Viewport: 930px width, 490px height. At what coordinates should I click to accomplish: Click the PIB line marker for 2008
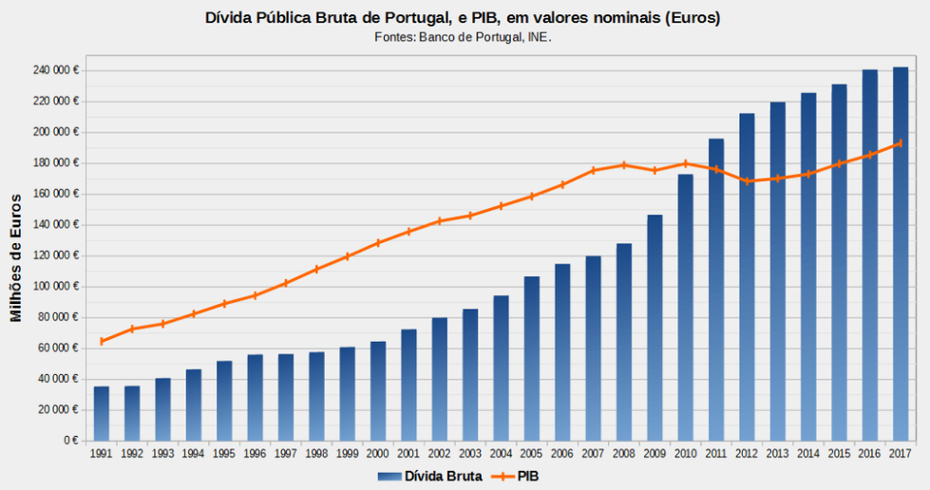pos(624,164)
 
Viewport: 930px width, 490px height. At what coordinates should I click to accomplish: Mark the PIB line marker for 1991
pos(102,341)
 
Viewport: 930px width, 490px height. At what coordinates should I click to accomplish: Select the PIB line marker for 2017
pos(900,143)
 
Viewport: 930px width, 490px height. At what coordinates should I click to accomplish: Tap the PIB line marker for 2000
pos(378,242)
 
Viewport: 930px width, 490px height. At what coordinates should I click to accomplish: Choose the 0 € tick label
pos(70,441)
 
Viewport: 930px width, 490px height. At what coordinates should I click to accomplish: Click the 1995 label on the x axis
pos(224,454)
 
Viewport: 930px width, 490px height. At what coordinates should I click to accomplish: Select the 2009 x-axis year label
pos(655,454)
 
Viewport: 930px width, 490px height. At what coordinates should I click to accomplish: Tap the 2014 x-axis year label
pos(808,454)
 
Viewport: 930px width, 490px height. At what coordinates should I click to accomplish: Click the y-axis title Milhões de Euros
pos(16,256)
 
